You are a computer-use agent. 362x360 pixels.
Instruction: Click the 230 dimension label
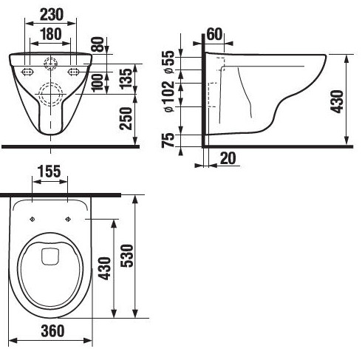coord(52,15)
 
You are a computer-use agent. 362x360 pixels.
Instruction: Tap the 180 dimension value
coord(50,34)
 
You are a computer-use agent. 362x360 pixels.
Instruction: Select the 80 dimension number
coord(98,44)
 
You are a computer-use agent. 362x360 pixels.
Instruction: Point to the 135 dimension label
coord(126,78)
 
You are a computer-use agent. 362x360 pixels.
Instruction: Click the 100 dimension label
coord(98,83)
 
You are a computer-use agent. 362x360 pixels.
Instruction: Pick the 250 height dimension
coord(126,118)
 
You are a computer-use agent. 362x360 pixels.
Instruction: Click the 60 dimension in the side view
coord(214,34)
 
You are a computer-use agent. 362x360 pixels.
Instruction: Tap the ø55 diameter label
coord(170,61)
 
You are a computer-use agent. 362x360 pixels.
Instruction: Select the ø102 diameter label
coord(170,96)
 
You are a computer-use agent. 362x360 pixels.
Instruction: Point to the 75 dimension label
coord(168,140)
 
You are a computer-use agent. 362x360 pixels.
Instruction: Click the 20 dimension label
coord(228,158)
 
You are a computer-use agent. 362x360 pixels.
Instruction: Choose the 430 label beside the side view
coord(338,101)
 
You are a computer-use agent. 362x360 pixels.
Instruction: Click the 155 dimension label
coord(49,171)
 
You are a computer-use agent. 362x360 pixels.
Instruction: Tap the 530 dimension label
coord(127,256)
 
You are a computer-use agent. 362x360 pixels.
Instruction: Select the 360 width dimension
coord(52,331)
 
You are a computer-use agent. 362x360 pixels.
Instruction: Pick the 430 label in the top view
coord(104,268)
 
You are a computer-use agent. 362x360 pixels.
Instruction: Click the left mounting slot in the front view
coord(27,72)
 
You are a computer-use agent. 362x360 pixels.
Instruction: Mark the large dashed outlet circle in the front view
coord(51,95)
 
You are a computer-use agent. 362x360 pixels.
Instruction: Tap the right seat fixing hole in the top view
coord(68,219)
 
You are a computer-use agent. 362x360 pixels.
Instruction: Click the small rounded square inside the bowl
coord(50,257)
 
